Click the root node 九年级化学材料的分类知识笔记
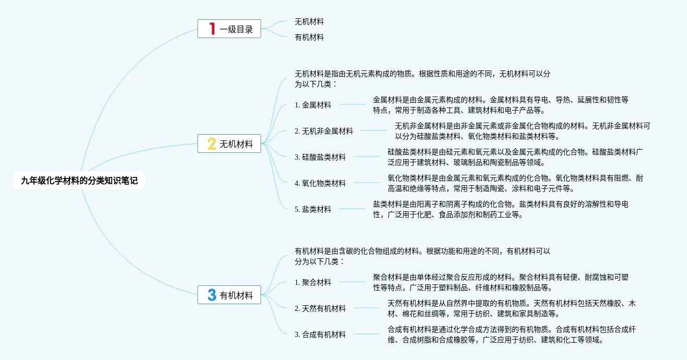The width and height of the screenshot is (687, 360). pyautogui.click(x=79, y=181)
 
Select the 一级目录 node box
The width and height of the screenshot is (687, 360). pyautogui.click(x=230, y=29)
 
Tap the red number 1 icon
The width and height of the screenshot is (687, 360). pyautogui.click(x=212, y=29)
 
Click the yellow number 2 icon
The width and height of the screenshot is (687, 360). pyautogui.click(x=212, y=144)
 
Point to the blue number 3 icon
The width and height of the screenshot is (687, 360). pyautogui.click(x=212, y=295)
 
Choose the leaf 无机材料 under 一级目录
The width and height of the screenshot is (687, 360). pyautogui.click(x=309, y=21)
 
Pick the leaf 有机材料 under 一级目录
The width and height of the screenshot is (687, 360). pyautogui.click(x=309, y=37)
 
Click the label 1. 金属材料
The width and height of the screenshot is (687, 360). pyautogui.click(x=313, y=105)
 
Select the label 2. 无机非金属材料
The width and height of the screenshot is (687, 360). pyautogui.click(x=324, y=131)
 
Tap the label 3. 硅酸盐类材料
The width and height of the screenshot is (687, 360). pyautogui.click(x=320, y=157)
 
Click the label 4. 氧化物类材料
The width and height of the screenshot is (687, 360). pyautogui.click(x=320, y=183)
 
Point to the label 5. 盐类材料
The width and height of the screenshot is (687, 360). pyautogui.click(x=313, y=209)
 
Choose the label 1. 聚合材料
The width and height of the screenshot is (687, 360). pyautogui.click(x=313, y=282)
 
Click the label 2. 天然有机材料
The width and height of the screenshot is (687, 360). pyautogui.click(x=320, y=308)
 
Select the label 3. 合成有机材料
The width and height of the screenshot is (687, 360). pyautogui.click(x=320, y=334)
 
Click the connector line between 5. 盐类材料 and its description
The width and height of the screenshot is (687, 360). pyautogui.click(x=352, y=209)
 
